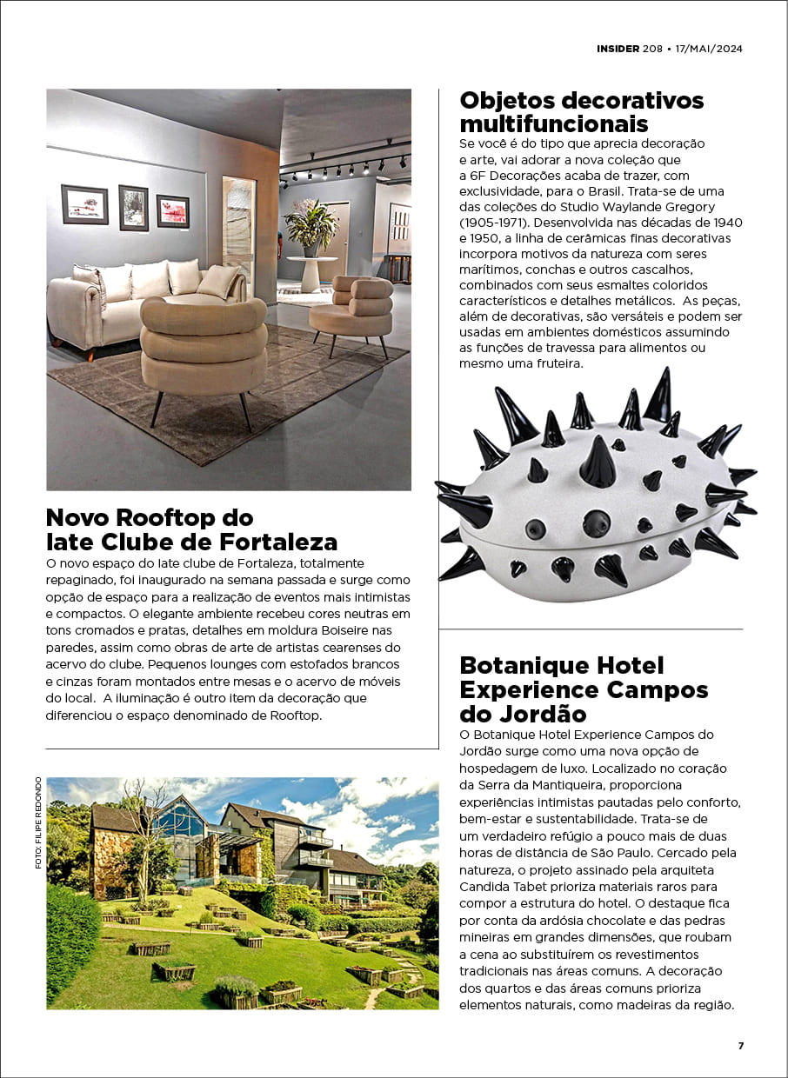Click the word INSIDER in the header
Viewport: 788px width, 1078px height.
pos(618,48)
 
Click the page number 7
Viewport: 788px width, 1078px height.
pos(741,1046)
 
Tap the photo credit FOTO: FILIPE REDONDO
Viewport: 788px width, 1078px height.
pos(38,822)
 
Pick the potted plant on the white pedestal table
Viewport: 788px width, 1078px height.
pos(311,224)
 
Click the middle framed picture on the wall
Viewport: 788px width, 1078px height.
pos(133,207)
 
